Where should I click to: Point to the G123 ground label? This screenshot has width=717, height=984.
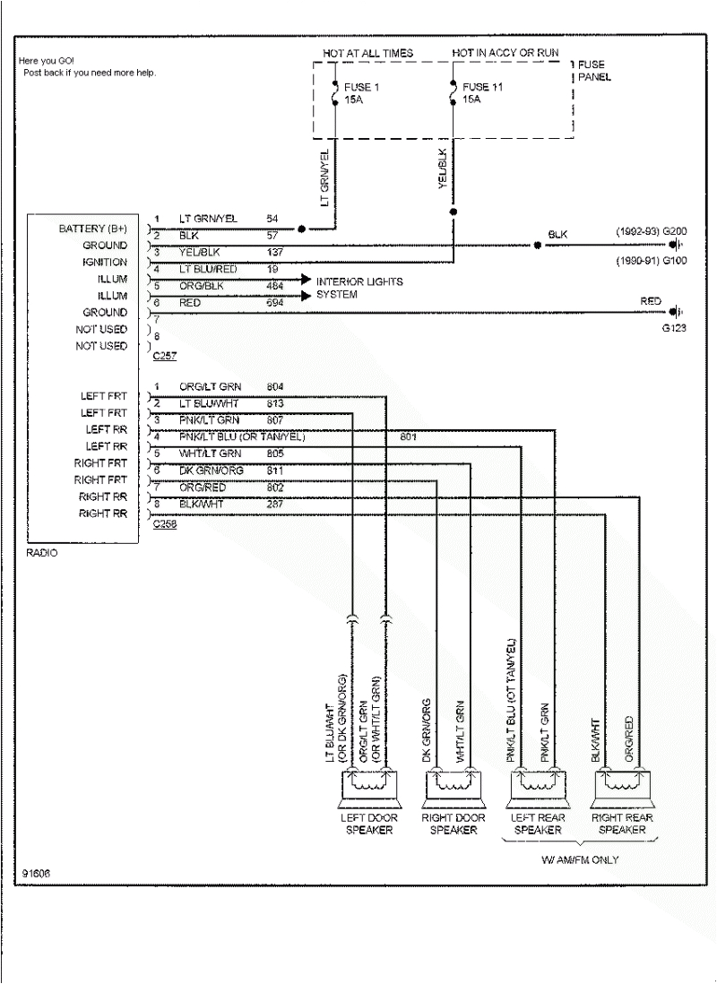click(673, 328)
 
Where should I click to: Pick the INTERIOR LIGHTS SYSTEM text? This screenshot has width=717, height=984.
click(358, 288)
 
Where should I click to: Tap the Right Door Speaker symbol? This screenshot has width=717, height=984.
click(453, 782)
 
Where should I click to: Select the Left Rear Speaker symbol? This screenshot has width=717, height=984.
click(536, 782)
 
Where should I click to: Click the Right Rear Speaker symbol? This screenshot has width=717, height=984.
click(622, 782)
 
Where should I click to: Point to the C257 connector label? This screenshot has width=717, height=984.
click(164, 356)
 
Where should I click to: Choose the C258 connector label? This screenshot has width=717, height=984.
click(164, 524)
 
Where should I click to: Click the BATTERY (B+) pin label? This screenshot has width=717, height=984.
click(93, 229)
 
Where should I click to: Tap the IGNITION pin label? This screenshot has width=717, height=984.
click(105, 263)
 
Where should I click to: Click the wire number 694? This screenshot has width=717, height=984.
click(275, 304)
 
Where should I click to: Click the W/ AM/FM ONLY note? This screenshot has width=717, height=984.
click(579, 860)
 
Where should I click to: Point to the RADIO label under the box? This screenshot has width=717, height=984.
click(40, 553)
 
